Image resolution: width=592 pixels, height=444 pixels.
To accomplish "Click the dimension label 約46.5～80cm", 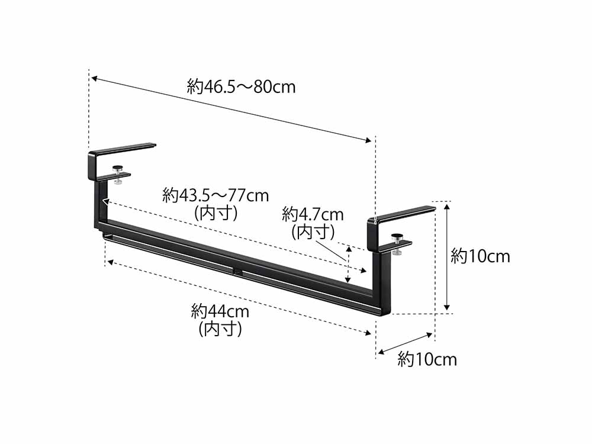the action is (x=241, y=87).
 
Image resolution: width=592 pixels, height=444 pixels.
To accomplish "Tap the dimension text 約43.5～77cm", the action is (x=215, y=195).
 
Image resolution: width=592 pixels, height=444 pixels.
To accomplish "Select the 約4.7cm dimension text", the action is (x=313, y=215).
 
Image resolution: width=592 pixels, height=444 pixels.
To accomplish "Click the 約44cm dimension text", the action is (x=220, y=312).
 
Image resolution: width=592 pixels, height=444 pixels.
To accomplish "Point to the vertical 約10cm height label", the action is (x=480, y=257).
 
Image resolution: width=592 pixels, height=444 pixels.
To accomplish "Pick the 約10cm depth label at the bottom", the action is (x=427, y=359).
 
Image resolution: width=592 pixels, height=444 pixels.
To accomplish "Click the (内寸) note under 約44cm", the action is (x=220, y=329).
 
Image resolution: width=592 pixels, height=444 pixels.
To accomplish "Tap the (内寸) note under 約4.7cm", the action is (x=313, y=232).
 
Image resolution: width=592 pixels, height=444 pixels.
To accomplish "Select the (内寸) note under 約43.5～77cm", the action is (x=216, y=213).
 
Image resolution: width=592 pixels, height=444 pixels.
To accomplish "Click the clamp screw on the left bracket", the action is (x=118, y=175).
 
